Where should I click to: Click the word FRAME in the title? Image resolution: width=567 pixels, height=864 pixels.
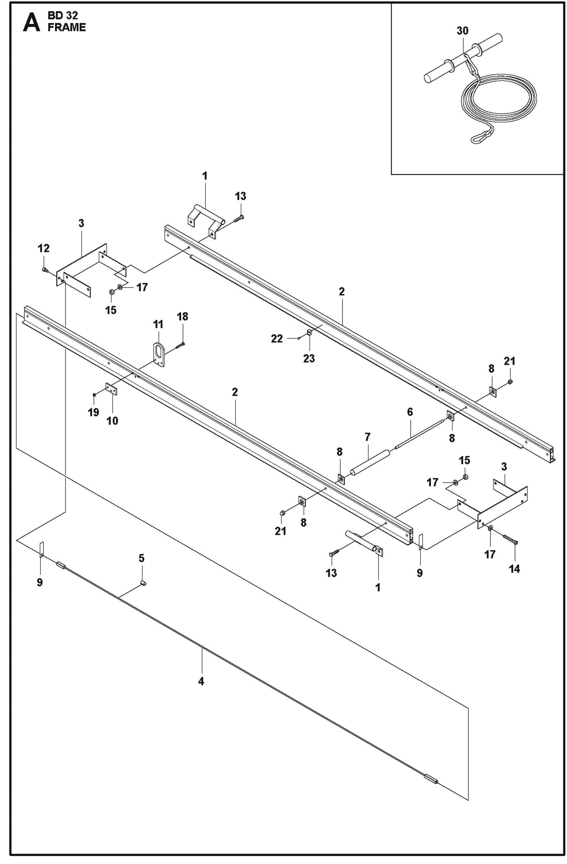[x=67, y=27]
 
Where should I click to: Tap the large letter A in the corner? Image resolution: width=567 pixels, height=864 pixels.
[x=31, y=22]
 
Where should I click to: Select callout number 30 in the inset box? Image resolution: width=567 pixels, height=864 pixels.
[x=463, y=31]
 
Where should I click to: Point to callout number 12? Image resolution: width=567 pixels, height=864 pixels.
[x=44, y=248]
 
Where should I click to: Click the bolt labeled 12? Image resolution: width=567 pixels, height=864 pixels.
[x=44, y=270]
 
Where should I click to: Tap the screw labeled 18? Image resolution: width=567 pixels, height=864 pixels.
[x=181, y=345]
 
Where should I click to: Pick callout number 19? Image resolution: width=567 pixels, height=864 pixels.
[x=93, y=413]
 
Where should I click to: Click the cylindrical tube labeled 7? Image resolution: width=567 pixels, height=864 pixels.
[x=371, y=463]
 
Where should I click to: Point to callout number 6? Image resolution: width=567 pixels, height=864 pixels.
[x=410, y=412]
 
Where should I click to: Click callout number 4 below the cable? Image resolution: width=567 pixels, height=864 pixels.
[x=201, y=681]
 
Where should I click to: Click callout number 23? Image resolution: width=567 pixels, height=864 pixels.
[x=309, y=358]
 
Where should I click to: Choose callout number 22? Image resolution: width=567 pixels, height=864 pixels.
[x=277, y=338]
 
